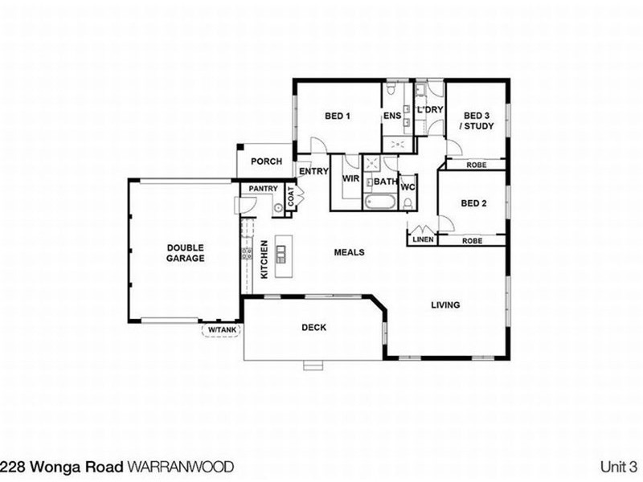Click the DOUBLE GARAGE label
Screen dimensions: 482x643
(186, 253)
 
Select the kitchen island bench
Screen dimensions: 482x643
(281, 255)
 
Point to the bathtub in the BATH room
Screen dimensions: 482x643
(379, 202)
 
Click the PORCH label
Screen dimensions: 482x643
(266, 161)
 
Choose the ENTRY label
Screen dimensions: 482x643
(313, 171)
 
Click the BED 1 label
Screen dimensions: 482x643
(338, 116)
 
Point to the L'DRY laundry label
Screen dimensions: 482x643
(429, 110)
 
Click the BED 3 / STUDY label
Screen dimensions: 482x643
(476, 120)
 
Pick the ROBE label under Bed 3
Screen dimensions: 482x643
(475, 165)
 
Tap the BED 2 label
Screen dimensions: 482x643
(473, 203)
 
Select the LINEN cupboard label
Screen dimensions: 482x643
(423, 240)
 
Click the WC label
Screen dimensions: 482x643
(408, 187)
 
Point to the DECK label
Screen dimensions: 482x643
(313, 327)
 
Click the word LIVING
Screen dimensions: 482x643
(444, 304)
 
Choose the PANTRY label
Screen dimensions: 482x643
(264, 190)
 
